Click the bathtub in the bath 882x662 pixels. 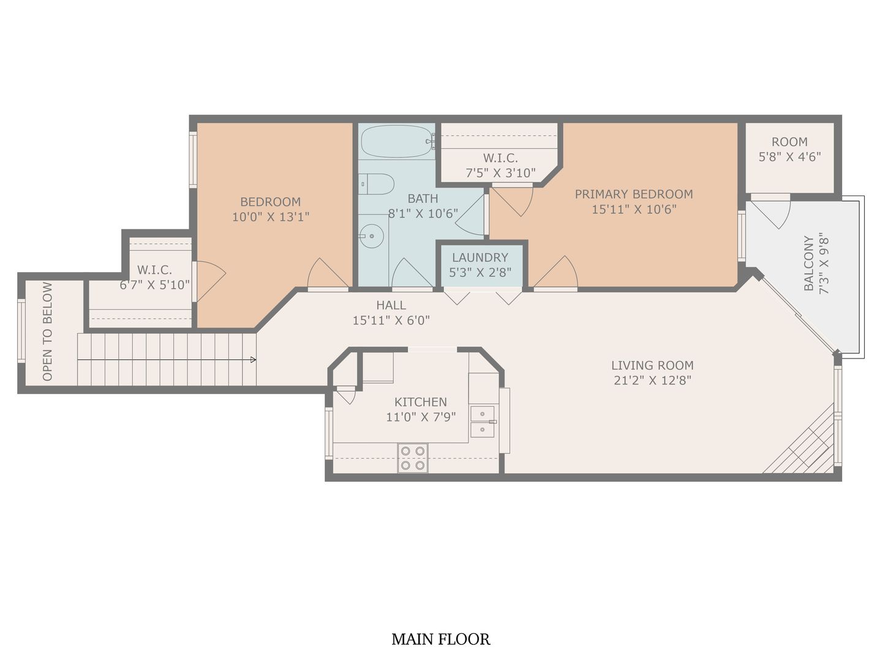point(396,142)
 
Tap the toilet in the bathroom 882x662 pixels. point(377,184)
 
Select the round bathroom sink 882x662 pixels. point(371,235)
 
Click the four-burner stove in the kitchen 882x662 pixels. point(412,458)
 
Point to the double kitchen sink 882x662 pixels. point(483,421)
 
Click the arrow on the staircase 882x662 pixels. point(252,360)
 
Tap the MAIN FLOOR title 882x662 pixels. point(440,639)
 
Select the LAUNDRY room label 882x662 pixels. point(480,257)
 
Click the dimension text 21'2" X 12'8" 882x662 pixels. point(652,380)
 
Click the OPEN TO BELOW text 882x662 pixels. point(48,331)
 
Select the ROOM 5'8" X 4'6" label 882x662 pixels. point(790,149)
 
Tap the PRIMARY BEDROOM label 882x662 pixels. point(634,194)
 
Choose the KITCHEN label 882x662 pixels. point(421,402)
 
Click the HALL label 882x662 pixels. point(391,305)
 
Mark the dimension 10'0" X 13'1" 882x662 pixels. point(270,217)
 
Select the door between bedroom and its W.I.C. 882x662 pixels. point(208,281)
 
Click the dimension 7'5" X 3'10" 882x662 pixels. point(500,173)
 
